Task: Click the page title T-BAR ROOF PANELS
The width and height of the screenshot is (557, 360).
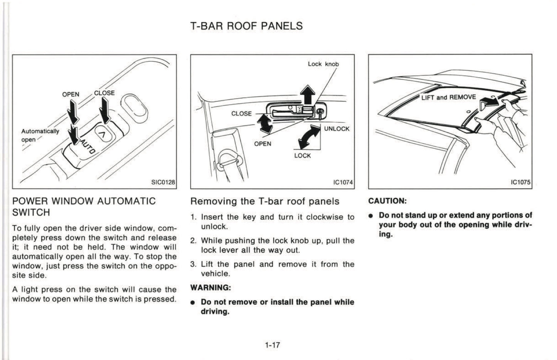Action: click(x=246, y=26)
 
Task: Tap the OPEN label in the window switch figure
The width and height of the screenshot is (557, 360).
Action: click(x=71, y=94)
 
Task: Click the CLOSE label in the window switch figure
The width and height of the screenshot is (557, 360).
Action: click(x=104, y=93)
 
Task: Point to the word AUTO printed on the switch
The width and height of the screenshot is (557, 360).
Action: click(x=88, y=147)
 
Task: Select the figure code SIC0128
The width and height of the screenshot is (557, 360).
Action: click(x=163, y=182)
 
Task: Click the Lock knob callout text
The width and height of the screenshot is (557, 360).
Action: click(x=323, y=64)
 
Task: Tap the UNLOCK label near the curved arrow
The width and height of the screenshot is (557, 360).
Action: click(x=337, y=129)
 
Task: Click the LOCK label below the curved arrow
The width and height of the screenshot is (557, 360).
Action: click(x=302, y=156)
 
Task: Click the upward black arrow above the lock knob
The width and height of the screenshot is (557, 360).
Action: click(x=308, y=95)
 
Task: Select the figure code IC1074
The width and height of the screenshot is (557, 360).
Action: click(x=343, y=182)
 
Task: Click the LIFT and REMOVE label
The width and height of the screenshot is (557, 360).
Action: click(x=449, y=97)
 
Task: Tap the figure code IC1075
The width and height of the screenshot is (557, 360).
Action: click(x=520, y=182)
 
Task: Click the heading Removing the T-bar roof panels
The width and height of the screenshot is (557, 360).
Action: click(x=265, y=201)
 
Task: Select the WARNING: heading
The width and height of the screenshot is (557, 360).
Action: click(x=211, y=288)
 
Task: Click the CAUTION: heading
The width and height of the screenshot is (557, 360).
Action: click(x=387, y=201)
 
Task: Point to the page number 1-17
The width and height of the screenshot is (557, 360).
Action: click(x=272, y=345)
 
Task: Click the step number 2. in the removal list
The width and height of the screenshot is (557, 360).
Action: click(x=194, y=241)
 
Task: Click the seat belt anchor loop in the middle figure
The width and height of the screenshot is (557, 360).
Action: click(x=228, y=159)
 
